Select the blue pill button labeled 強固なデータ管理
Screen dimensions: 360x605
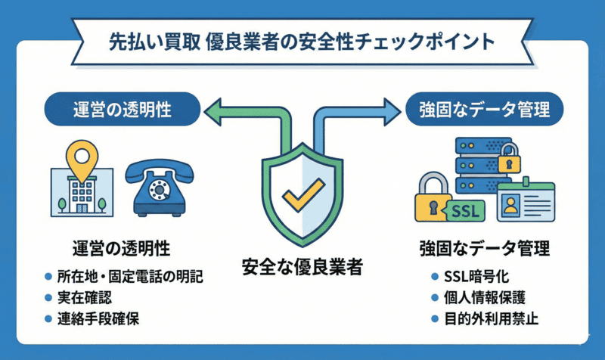(x=484, y=110)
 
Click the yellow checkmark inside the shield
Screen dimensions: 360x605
(x=302, y=194)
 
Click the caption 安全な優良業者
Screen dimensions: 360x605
(x=302, y=266)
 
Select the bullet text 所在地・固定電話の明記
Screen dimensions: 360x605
(x=130, y=275)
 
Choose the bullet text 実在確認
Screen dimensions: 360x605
(x=82, y=296)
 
